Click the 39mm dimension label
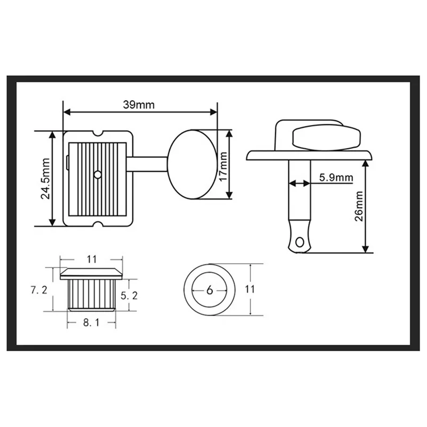pos(139,105)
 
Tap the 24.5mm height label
pos(45,179)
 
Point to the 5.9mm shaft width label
pos(336,178)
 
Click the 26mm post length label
pos(359,206)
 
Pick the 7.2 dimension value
pos(38,290)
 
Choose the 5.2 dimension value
pos(129,295)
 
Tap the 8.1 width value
pos(91,323)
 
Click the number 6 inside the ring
pos(209,290)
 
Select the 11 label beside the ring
pos(249,289)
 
